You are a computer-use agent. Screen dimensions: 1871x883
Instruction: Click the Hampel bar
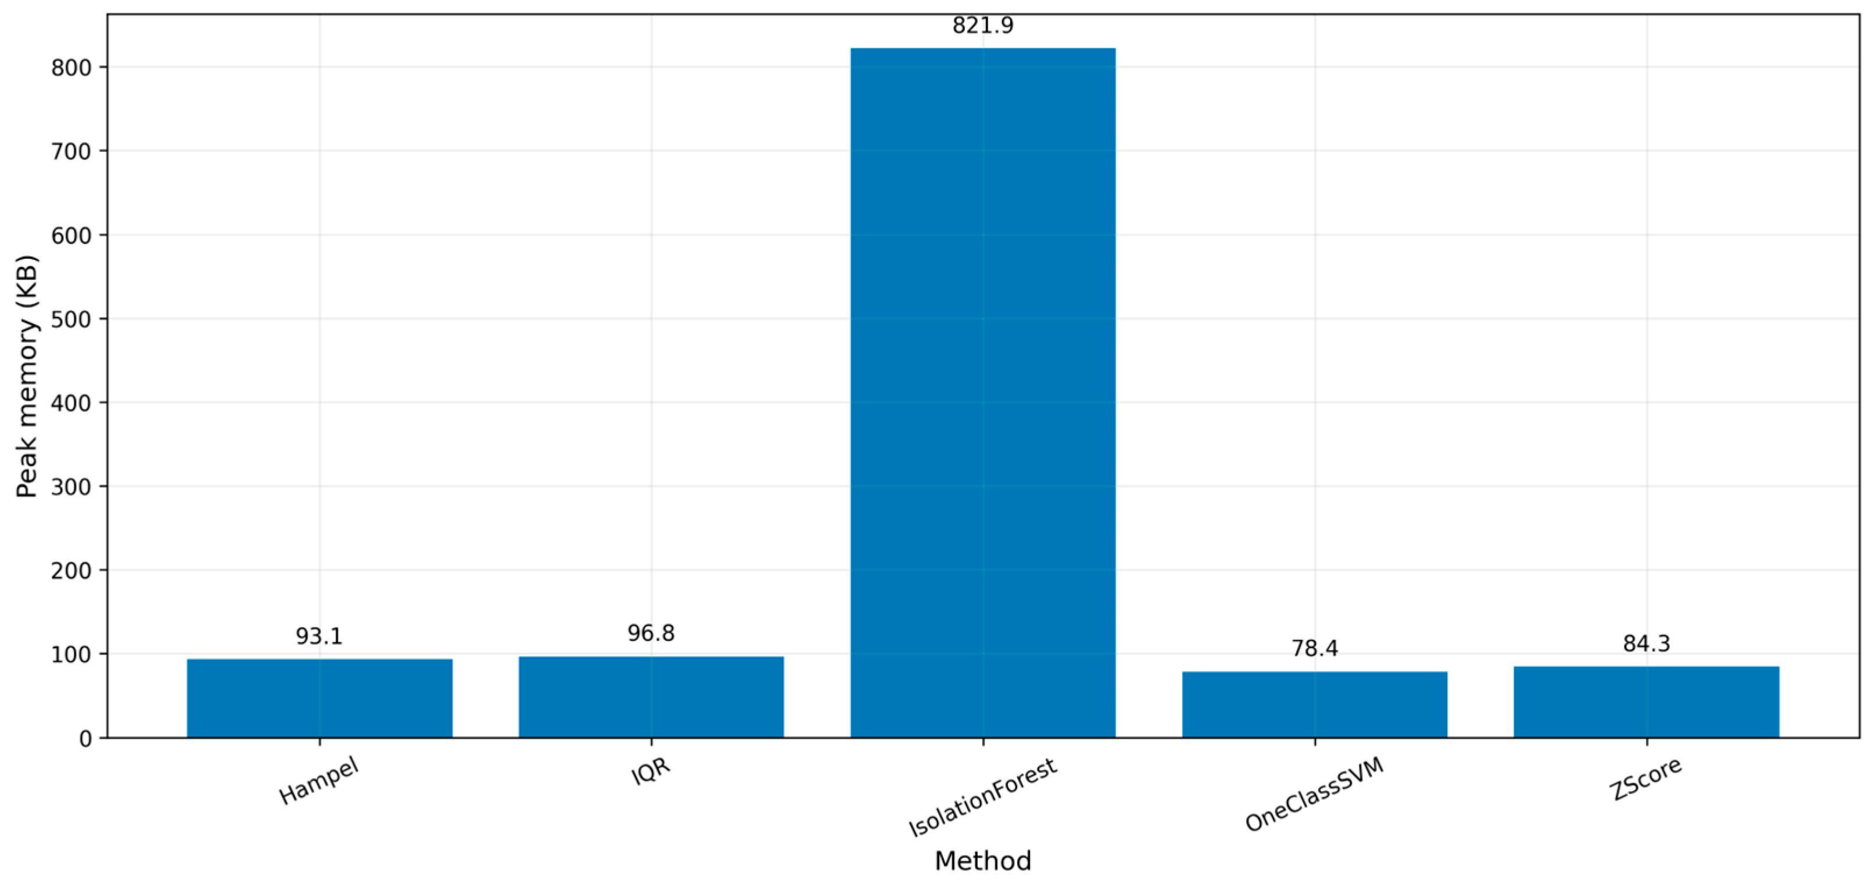point(320,699)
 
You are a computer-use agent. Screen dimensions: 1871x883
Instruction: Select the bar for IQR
point(651,697)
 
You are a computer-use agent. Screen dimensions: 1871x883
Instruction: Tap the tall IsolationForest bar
point(983,393)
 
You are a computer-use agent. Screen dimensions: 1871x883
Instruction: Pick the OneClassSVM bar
point(1315,705)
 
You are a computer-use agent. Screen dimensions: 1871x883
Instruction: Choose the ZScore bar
point(1647,702)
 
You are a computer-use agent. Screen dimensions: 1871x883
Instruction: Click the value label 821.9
point(983,26)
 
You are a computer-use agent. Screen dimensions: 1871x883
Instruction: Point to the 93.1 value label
point(319,636)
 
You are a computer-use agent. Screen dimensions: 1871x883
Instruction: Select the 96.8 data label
point(651,633)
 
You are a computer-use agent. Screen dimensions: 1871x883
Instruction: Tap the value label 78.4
point(1315,648)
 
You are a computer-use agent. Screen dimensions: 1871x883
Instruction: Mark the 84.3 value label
point(1647,644)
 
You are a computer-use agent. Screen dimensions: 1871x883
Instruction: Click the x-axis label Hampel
point(319,782)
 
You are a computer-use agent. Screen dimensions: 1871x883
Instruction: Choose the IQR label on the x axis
point(651,772)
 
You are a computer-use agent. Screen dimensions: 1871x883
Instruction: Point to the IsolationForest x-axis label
point(983,797)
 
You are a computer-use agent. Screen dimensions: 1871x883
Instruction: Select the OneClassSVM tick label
point(1315,795)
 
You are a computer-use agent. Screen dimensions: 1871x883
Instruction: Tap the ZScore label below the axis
point(1647,779)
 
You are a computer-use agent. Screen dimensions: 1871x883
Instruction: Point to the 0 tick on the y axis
point(85,738)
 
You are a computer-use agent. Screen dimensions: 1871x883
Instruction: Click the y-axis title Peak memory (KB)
point(27,376)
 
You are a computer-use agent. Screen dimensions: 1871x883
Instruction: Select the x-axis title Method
point(983,861)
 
